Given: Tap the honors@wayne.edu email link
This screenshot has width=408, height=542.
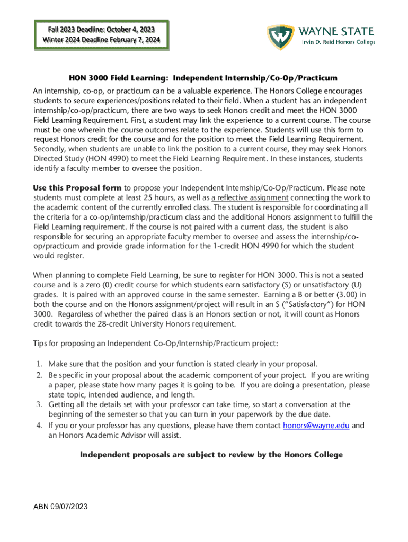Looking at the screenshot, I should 316,426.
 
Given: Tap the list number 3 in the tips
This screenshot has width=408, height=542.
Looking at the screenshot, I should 39,405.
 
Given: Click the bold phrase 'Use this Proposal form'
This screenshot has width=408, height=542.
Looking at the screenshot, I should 77,188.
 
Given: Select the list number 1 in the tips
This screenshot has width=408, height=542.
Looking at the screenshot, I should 39,364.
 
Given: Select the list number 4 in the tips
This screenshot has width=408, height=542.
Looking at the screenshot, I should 39,426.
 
